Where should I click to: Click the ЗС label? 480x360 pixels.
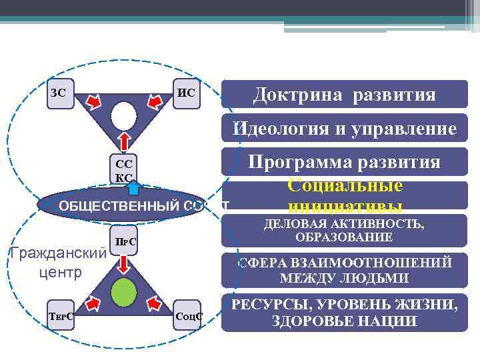[59, 93]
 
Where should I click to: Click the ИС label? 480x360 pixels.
[187, 93]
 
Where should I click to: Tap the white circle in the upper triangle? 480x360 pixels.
[123, 116]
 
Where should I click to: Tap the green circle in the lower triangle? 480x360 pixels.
[123, 292]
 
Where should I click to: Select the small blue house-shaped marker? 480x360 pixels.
[133, 187]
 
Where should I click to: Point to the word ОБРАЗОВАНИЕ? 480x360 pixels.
[345, 237]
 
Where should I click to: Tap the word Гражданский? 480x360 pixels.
[56, 254]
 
